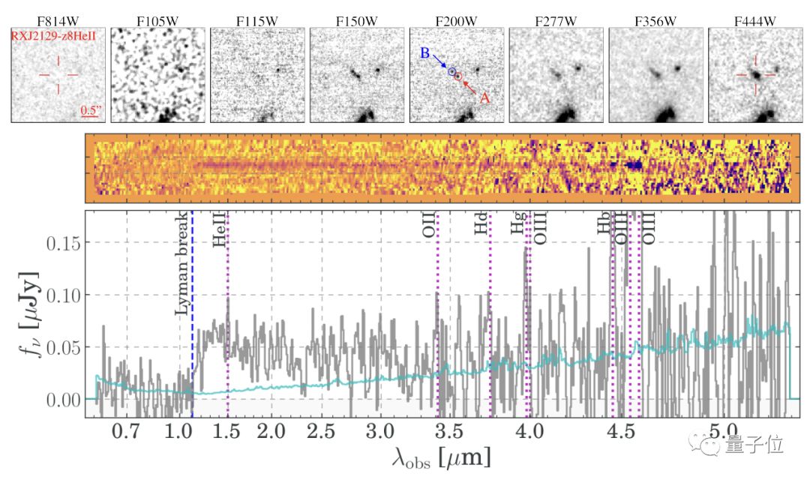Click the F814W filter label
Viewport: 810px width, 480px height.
pyautogui.click(x=58, y=19)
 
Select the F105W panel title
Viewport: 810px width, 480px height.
pyautogui.click(x=157, y=19)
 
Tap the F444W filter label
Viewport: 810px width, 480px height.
pyautogui.click(x=755, y=19)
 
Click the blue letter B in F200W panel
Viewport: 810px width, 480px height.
pyautogui.click(x=424, y=54)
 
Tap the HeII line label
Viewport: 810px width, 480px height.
pyautogui.click(x=219, y=247)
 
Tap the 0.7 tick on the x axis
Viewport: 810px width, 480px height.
pyautogui.click(x=127, y=433)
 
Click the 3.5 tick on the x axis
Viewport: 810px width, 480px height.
pyautogui.click(x=436, y=433)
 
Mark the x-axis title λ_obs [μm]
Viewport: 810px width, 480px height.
pyautogui.click(x=442, y=457)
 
